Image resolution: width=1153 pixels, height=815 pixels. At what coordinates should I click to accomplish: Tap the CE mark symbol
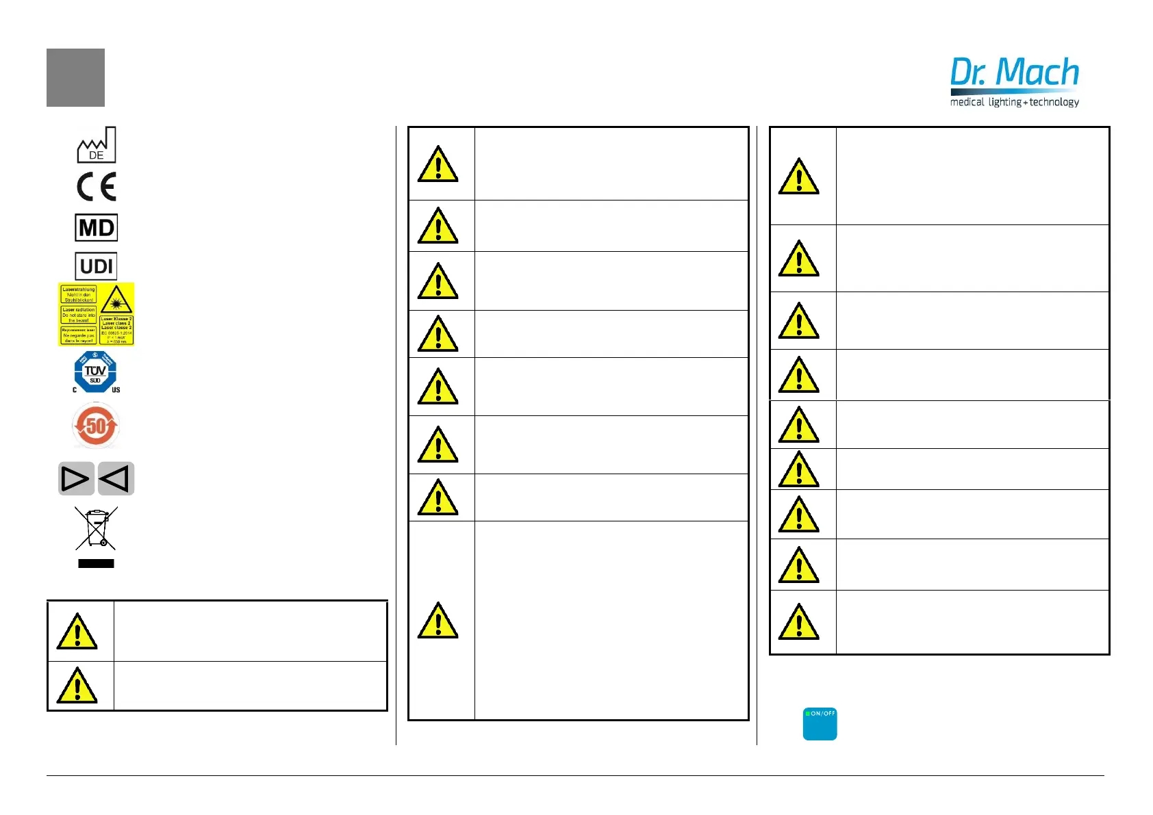(x=97, y=187)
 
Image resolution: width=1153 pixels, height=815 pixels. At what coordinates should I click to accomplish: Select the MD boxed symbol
(x=97, y=228)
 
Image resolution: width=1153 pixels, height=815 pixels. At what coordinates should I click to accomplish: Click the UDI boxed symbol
(x=97, y=266)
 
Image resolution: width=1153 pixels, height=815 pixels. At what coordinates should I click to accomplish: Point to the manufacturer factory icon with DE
(x=97, y=145)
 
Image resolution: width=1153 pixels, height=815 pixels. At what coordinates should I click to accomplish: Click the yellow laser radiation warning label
(x=97, y=314)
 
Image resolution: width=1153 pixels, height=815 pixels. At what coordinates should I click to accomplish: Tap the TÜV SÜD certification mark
(x=96, y=372)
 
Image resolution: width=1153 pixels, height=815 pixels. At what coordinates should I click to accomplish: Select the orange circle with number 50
(x=96, y=426)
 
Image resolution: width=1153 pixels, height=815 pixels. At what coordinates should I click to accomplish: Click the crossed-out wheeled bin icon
(x=96, y=528)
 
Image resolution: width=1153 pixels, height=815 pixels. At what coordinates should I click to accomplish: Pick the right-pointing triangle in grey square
(x=76, y=478)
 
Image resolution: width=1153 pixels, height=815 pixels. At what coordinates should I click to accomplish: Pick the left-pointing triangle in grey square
(x=116, y=478)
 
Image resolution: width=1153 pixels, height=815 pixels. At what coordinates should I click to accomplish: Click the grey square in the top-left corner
(x=75, y=77)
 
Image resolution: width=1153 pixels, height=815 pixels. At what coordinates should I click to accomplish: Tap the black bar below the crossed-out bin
(x=96, y=564)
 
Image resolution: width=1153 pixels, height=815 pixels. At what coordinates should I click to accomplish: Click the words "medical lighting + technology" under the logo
(x=1014, y=102)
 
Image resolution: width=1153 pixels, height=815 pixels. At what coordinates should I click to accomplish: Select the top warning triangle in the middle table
(x=438, y=164)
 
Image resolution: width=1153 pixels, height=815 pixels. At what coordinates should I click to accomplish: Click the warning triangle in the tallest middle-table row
(x=438, y=621)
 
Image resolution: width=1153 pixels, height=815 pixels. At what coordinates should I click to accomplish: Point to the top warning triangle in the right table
(x=799, y=177)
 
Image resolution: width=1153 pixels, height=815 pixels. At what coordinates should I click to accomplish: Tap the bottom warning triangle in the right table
(x=799, y=622)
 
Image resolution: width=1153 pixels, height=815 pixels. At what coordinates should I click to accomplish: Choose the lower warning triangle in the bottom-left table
(x=77, y=686)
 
